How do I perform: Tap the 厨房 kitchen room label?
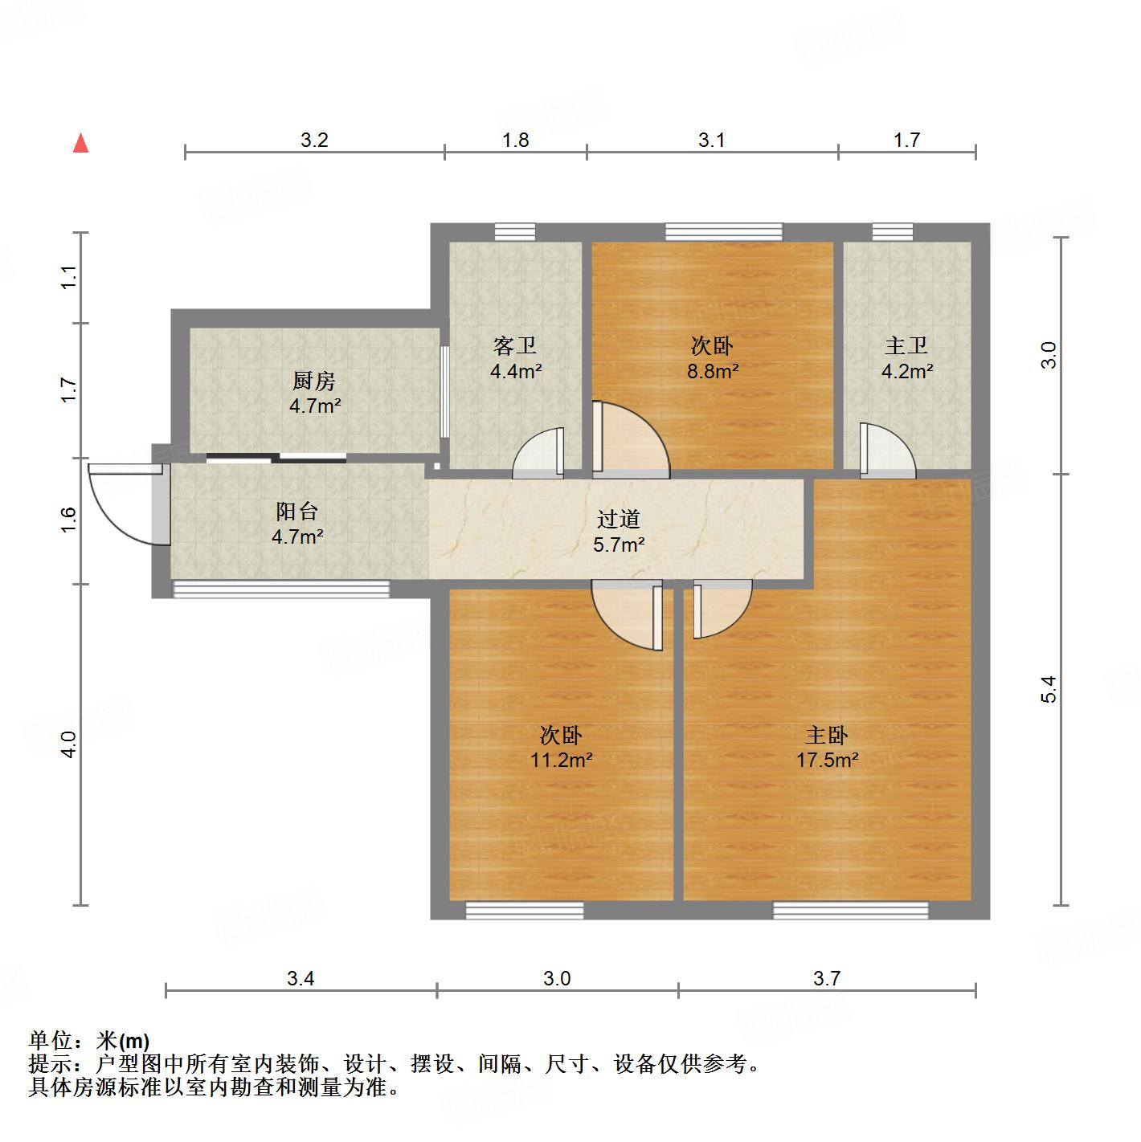[314, 381]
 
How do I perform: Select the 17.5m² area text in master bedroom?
[827, 760]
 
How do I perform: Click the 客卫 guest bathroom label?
[515, 346]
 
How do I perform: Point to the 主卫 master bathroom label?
[906, 346]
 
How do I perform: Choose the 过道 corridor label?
[619, 520]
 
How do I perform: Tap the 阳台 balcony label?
[297, 511]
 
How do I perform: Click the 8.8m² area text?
[712, 371]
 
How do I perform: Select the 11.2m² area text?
[561, 760]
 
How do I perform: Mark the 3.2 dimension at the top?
[314, 141]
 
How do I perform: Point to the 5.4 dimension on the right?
[1048, 689]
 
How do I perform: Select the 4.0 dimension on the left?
[69, 744]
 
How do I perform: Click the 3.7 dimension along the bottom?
[827, 978]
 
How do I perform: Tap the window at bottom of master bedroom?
[850, 910]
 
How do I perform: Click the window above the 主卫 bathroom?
[893, 232]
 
